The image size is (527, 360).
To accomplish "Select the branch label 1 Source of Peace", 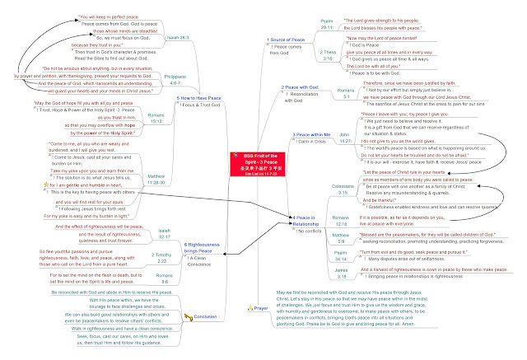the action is (287, 40).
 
